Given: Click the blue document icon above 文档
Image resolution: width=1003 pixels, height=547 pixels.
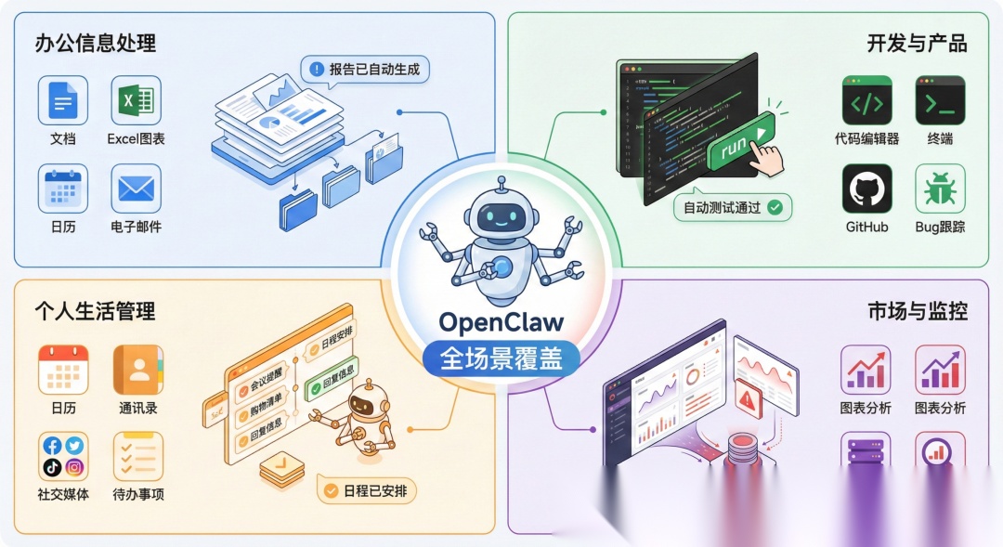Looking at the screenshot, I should coord(63,100).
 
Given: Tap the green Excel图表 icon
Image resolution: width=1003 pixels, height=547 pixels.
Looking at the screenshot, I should coord(136,100).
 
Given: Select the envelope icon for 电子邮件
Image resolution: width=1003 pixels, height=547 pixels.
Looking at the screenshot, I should coord(136,189).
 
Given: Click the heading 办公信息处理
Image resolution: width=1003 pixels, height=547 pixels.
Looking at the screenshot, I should coord(96,43).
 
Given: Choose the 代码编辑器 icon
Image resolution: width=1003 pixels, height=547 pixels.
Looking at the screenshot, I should coord(866,100).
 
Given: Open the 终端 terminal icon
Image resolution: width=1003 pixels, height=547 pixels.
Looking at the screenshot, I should coord(940,100).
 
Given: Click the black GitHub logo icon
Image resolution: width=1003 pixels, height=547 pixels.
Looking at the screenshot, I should coord(866,189).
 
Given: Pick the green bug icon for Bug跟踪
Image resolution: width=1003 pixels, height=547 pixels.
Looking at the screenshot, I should coord(940,189).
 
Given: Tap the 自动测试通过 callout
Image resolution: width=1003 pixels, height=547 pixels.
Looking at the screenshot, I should coord(732,207).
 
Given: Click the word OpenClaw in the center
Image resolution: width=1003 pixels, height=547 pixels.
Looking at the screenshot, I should coord(501,323).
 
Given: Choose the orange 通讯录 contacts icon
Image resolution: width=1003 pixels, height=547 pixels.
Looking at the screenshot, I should coord(137,370).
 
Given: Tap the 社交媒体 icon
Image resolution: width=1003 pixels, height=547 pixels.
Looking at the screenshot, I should coord(63,456).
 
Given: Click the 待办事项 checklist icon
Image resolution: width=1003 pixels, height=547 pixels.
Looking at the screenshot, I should coord(137,456).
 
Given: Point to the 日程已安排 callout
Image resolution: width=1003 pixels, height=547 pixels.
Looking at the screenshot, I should coord(367,490).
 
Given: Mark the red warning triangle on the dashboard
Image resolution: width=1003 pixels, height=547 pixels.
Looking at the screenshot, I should coord(747,400).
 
